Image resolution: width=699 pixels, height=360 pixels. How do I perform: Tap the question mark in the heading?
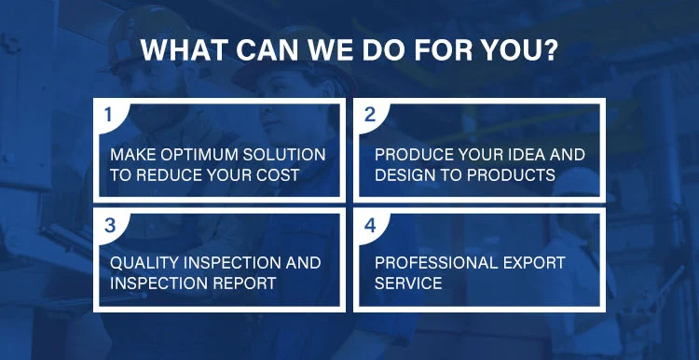click(550, 50)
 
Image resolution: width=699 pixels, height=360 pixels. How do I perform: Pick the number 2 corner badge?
click(370, 115)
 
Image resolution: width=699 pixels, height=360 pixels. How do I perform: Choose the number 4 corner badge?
click(370, 226)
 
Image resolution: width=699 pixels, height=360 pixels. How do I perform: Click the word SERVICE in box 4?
click(408, 283)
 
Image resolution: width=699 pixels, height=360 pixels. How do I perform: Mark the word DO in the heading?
click(382, 50)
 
